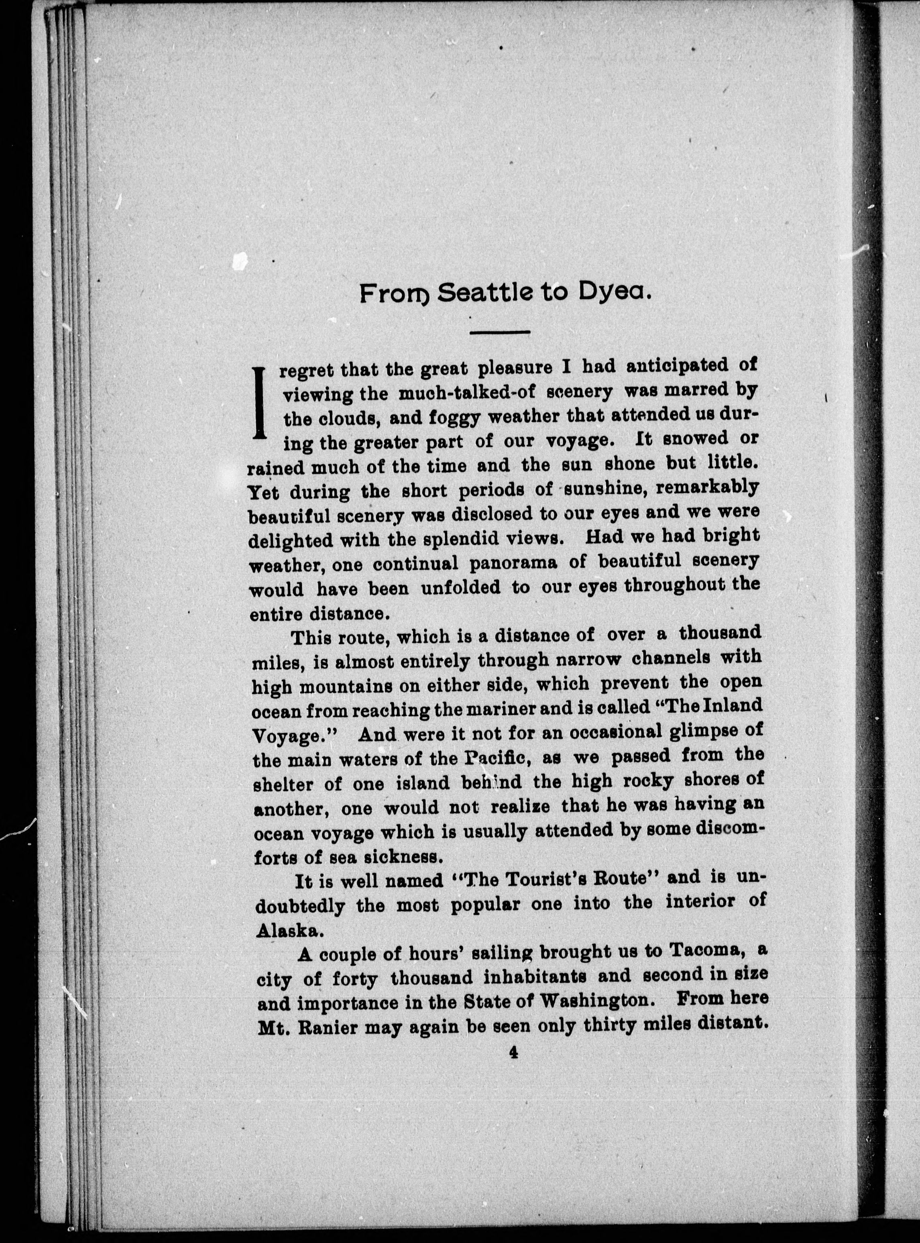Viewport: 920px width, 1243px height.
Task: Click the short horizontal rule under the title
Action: point(499,332)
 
